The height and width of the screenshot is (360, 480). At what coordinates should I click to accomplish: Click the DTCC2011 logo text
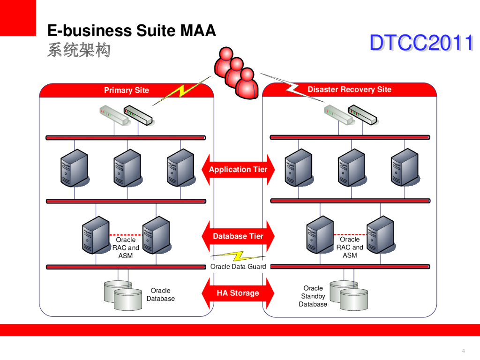point(421,43)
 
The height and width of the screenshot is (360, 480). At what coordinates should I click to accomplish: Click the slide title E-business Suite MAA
point(132,31)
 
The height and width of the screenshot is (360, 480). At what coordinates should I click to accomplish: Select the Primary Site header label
point(127,90)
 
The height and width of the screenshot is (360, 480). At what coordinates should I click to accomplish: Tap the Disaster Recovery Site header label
point(349,90)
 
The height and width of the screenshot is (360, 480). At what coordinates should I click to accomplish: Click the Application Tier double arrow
point(238,170)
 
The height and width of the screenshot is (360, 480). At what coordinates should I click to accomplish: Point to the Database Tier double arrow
point(238,236)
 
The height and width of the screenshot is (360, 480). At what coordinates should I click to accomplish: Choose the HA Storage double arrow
point(238,293)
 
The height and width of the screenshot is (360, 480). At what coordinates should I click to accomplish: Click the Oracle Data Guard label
point(238,267)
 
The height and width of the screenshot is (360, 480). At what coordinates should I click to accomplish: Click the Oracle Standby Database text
point(313,296)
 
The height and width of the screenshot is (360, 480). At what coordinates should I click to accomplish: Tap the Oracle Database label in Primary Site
point(160,294)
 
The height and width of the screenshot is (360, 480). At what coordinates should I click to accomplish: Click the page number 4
point(463,351)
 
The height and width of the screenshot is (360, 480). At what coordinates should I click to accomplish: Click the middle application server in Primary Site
point(127,167)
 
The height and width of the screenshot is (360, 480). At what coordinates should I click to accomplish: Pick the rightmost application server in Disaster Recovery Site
point(405,167)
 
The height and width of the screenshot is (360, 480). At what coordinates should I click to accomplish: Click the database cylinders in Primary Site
point(123,295)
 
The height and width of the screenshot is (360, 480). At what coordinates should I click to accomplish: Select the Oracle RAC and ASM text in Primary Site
point(126,247)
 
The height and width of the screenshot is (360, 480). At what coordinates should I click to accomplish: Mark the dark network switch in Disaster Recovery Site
point(362,115)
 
